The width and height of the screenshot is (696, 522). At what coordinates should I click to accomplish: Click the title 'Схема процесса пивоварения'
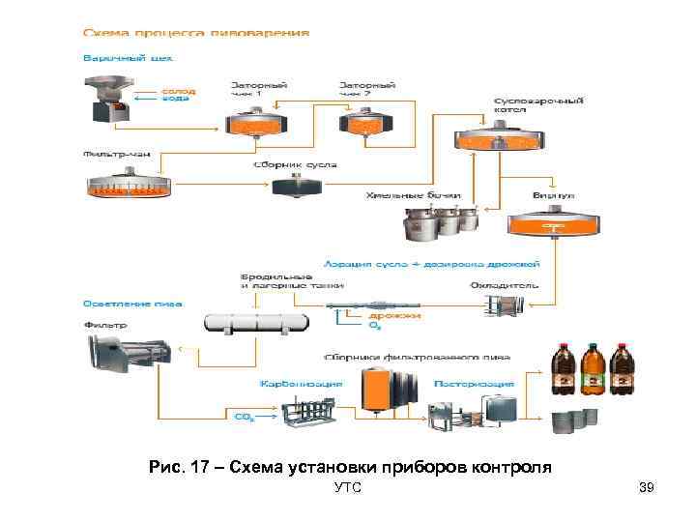[196, 32]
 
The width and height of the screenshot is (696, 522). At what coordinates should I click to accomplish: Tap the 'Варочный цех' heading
[120, 58]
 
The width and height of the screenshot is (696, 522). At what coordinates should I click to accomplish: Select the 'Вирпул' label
[552, 195]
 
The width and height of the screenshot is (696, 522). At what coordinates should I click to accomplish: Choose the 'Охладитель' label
[497, 285]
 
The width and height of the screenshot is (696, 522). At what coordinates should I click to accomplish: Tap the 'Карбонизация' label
[301, 384]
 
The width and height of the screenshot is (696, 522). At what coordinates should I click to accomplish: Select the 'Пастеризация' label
[474, 384]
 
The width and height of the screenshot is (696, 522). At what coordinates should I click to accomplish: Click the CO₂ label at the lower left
[244, 417]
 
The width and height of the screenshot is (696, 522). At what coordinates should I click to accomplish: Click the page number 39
[647, 489]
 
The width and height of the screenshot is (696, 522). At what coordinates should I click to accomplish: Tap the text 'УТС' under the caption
[347, 489]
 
